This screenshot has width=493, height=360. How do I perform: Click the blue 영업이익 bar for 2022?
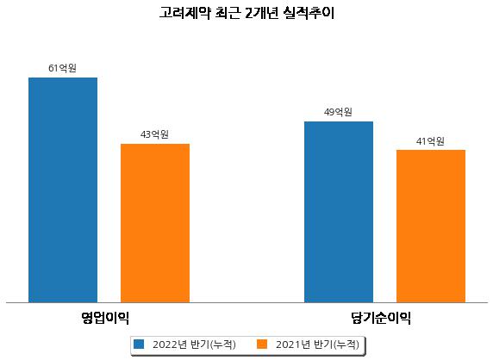(63, 190)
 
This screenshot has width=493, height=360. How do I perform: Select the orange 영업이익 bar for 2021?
(155, 223)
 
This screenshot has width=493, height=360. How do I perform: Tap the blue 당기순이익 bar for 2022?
(339, 212)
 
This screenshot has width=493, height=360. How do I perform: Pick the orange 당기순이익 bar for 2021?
(431, 227)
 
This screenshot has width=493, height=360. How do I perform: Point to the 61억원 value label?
(63, 68)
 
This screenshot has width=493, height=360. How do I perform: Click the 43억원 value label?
(154, 134)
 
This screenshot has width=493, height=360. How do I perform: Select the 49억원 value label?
(339, 112)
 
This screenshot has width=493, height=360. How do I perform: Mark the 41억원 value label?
(430, 141)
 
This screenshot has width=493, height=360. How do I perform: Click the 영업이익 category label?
(105, 318)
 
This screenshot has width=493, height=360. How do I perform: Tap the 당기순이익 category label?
(381, 318)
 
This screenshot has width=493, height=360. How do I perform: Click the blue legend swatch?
(139, 344)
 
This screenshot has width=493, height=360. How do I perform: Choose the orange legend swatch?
(262, 344)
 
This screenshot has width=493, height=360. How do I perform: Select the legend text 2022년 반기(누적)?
(194, 344)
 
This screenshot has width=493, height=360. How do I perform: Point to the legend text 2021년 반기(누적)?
(317, 344)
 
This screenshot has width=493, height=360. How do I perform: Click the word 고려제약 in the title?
(185, 13)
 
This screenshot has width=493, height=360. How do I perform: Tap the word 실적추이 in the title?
(309, 13)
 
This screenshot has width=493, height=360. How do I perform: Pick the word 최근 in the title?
(228, 13)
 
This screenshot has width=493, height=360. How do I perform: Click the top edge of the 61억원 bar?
(63, 78)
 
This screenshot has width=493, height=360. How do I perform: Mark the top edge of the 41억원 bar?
(431, 150)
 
